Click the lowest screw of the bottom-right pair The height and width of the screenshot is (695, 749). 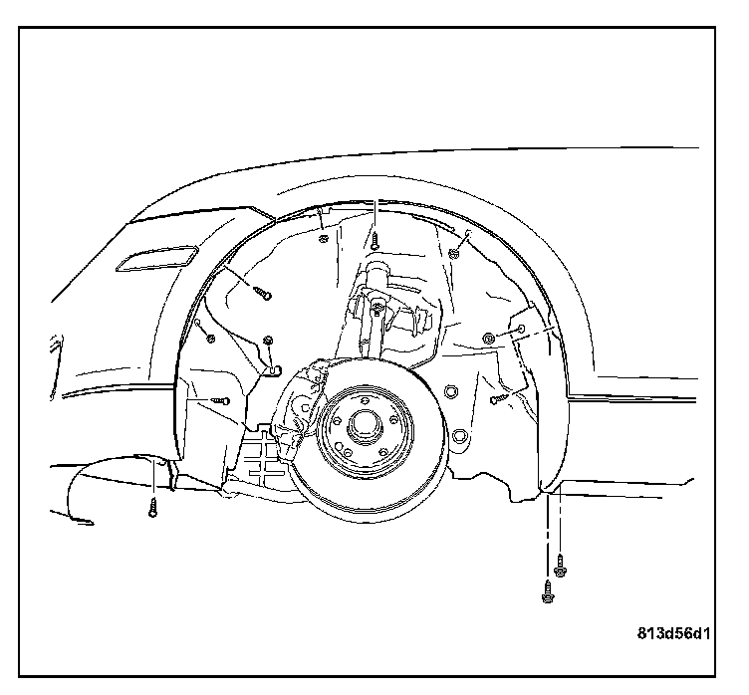(x=547, y=591)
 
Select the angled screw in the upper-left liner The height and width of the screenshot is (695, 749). (x=263, y=292)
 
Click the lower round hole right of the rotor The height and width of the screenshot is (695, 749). (x=459, y=437)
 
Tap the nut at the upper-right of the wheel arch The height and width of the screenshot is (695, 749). (x=453, y=253)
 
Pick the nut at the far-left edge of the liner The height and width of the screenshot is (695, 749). (x=210, y=338)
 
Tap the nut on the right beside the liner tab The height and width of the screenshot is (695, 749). (x=489, y=340)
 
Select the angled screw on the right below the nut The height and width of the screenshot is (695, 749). (x=498, y=398)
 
